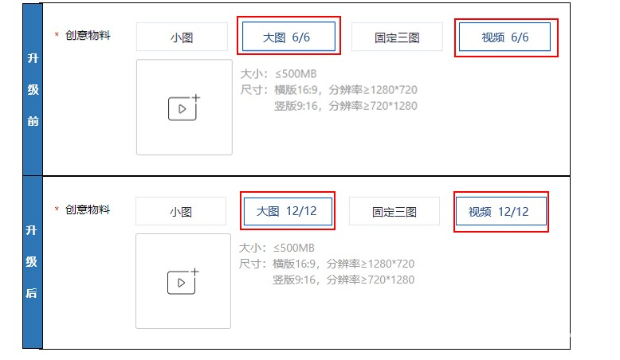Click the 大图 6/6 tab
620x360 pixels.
tap(289, 37)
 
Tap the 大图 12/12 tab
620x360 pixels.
tap(287, 211)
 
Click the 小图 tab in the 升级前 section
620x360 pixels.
tap(182, 37)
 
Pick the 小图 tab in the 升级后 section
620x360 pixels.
tap(181, 212)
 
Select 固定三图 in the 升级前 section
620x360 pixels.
tap(397, 37)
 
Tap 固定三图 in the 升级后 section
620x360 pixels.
tap(394, 212)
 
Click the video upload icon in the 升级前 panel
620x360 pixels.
tap(183, 108)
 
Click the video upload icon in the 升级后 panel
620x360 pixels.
tap(182, 281)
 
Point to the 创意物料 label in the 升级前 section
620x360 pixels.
tap(88, 35)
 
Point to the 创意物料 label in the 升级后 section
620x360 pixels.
tap(88, 209)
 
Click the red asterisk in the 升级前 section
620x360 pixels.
tap(57, 36)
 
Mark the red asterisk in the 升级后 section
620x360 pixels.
tap(57, 210)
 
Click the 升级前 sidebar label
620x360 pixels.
tap(33, 89)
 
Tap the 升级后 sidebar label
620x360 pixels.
tap(32, 261)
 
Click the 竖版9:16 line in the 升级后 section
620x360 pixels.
tap(343, 280)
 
